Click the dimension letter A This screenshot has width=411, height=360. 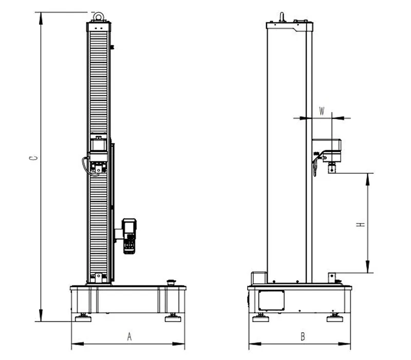[x=129, y=337]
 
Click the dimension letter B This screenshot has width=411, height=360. [x=303, y=337]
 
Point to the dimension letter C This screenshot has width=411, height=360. [x=33, y=158]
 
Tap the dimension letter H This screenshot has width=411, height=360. [x=361, y=225]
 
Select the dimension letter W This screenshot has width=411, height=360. [x=322, y=111]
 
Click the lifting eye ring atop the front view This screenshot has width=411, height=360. [x=99, y=16]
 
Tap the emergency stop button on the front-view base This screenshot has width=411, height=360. [x=172, y=282]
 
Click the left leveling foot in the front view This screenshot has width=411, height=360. [x=83, y=317]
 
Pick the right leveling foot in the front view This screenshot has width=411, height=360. [x=173, y=317]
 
